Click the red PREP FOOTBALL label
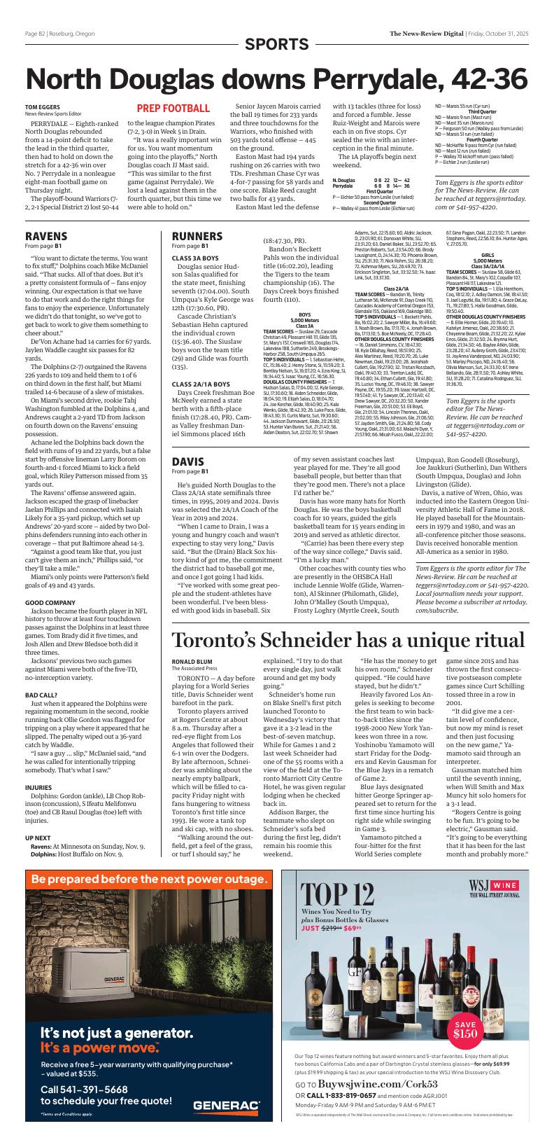[x=173, y=109]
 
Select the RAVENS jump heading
[x=46, y=236]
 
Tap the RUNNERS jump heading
[x=198, y=236]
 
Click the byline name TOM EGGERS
[x=43, y=106]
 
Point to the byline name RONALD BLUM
[x=192, y=660]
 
